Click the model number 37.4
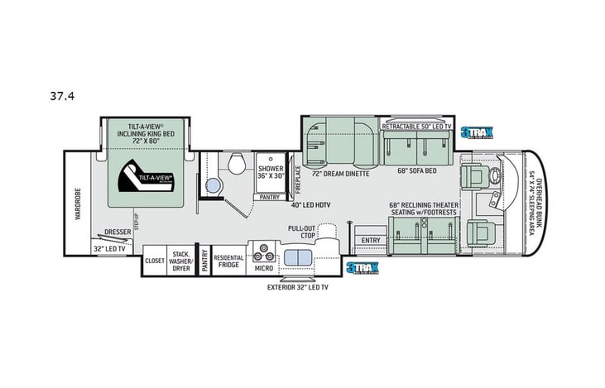tap(61, 95)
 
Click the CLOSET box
tap(154, 260)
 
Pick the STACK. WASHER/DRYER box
tap(180, 260)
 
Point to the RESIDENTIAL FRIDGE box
tap(228, 260)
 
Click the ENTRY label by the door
tap(370, 241)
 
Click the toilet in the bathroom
tap(235, 161)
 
